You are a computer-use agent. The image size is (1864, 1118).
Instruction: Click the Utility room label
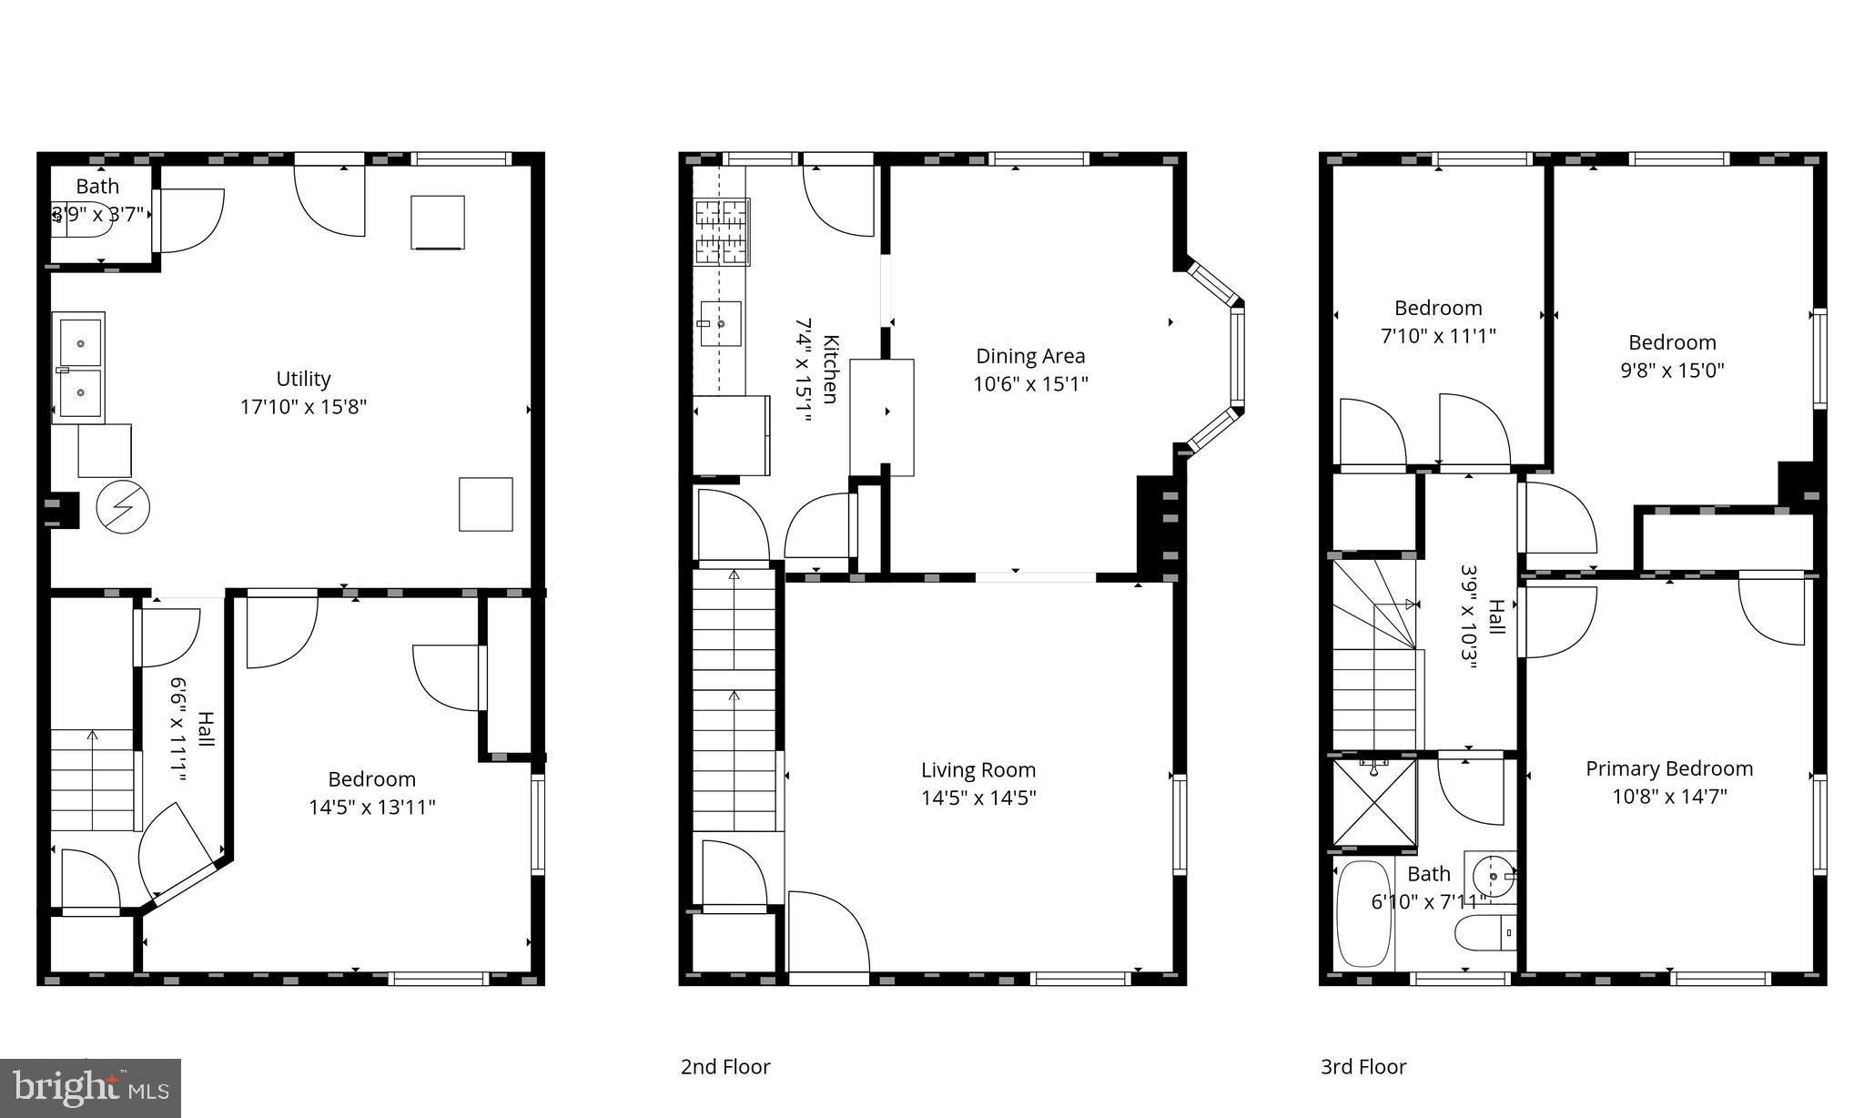pos(303,379)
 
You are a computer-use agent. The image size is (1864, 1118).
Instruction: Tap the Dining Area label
pos(1030,356)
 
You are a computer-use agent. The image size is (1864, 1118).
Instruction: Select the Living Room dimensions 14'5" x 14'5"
pos(978,798)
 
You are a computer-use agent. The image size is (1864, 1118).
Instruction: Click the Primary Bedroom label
pos(1669,768)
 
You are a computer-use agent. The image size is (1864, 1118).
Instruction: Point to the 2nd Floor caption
pos(725,1067)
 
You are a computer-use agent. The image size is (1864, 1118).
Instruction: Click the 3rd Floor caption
pos(1363,1067)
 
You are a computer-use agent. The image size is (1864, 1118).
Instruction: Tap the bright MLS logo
pos(91,1088)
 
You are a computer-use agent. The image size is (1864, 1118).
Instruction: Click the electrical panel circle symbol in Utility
pos(123,507)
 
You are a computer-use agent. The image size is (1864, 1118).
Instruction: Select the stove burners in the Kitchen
pos(722,232)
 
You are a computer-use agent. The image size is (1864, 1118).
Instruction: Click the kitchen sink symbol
pos(720,323)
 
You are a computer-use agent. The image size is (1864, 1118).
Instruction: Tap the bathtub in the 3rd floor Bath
pos(1364,914)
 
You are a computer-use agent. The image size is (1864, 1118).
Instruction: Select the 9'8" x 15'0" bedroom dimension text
pos(1672,371)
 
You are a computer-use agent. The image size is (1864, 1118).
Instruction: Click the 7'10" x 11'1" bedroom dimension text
pos(1438,336)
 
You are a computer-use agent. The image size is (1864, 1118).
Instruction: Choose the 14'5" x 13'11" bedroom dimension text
pos(372,808)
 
